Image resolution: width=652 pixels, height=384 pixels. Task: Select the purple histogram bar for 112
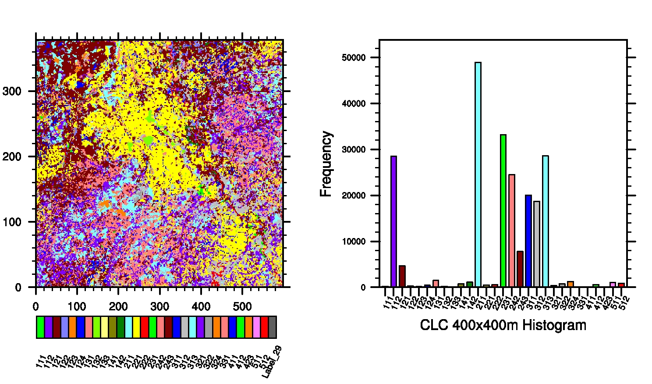pos(393,221)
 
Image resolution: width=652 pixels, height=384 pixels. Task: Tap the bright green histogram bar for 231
pos(503,211)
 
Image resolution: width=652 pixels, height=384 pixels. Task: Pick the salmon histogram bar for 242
pos(511,231)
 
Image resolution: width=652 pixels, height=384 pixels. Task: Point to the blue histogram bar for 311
pos(528,241)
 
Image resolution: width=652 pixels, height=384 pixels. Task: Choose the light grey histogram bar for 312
pos(537,244)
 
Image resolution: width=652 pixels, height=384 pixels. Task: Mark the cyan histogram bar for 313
pos(545,221)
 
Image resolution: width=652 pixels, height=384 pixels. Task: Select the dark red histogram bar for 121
pos(402,276)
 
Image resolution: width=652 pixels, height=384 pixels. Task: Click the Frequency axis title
pos(326,164)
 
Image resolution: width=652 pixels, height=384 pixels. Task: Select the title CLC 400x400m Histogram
pos(503,325)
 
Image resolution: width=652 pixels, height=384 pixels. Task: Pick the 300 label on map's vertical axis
pos(12,91)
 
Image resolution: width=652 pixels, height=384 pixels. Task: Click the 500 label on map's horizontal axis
pos(242,306)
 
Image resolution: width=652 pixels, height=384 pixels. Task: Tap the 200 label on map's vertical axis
pos(12,156)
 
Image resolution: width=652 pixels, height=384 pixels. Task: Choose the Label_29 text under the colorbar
pos(272,362)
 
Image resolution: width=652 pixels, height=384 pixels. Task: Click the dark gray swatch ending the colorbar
pos(272,327)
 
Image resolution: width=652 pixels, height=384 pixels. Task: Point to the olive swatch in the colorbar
pos(112,327)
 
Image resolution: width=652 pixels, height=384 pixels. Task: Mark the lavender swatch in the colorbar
pos(64,327)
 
